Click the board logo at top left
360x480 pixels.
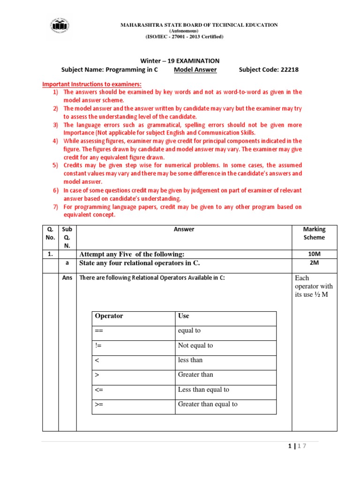[x=60, y=27]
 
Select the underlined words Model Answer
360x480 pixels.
[x=195, y=70]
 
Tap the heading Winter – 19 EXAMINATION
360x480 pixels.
[x=180, y=60]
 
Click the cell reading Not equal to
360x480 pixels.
[x=195, y=345]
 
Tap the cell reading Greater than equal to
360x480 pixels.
[x=208, y=404]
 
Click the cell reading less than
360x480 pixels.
[x=190, y=360]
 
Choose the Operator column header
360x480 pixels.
[x=109, y=316]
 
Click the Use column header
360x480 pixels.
[x=183, y=316]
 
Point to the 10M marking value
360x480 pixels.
[x=314, y=254]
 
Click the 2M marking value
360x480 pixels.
[x=314, y=263]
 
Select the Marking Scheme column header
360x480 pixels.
[x=314, y=233]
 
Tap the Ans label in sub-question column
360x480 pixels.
[x=67, y=277]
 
